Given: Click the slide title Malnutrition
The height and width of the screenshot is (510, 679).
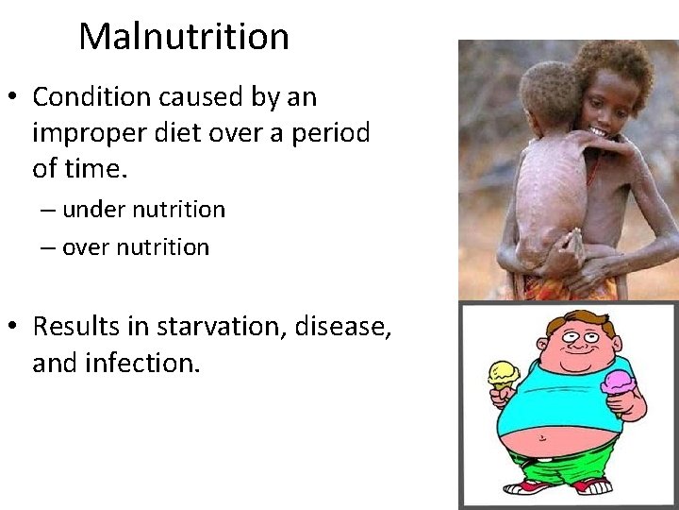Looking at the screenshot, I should click(184, 36).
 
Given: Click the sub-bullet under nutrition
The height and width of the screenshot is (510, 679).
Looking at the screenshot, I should click(143, 210).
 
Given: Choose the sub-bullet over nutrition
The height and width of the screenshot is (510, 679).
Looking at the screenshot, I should click(136, 247).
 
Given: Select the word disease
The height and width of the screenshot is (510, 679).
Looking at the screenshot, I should click(343, 326).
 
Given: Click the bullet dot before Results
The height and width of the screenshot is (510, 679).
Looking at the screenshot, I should click(13, 327).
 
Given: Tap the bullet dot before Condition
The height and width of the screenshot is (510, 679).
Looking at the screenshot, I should click(13, 97).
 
